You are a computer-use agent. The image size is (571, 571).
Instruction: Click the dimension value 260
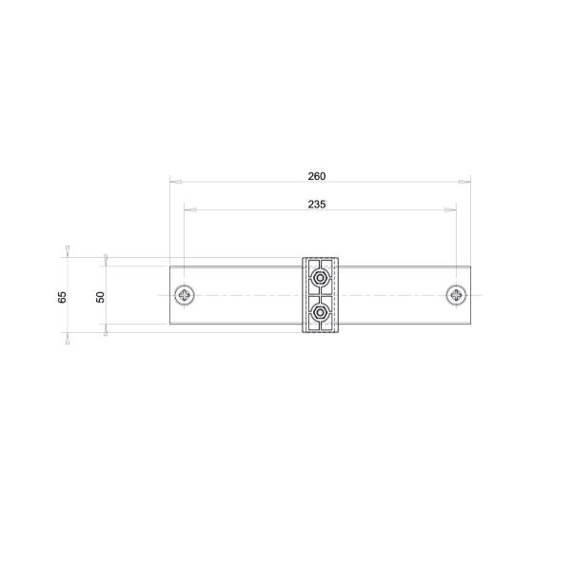(x=317, y=176)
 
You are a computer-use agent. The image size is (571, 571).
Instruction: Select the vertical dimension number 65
(x=62, y=297)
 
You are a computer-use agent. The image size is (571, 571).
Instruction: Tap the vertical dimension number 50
(x=100, y=297)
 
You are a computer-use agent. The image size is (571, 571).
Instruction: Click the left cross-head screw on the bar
(x=185, y=295)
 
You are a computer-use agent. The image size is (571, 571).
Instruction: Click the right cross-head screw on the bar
(x=457, y=295)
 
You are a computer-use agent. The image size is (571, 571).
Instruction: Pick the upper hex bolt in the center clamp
(x=321, y=278)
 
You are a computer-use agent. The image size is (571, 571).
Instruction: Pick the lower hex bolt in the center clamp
(x=321, y=312)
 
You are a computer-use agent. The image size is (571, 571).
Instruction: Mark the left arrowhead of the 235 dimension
(x=188, y=209)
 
